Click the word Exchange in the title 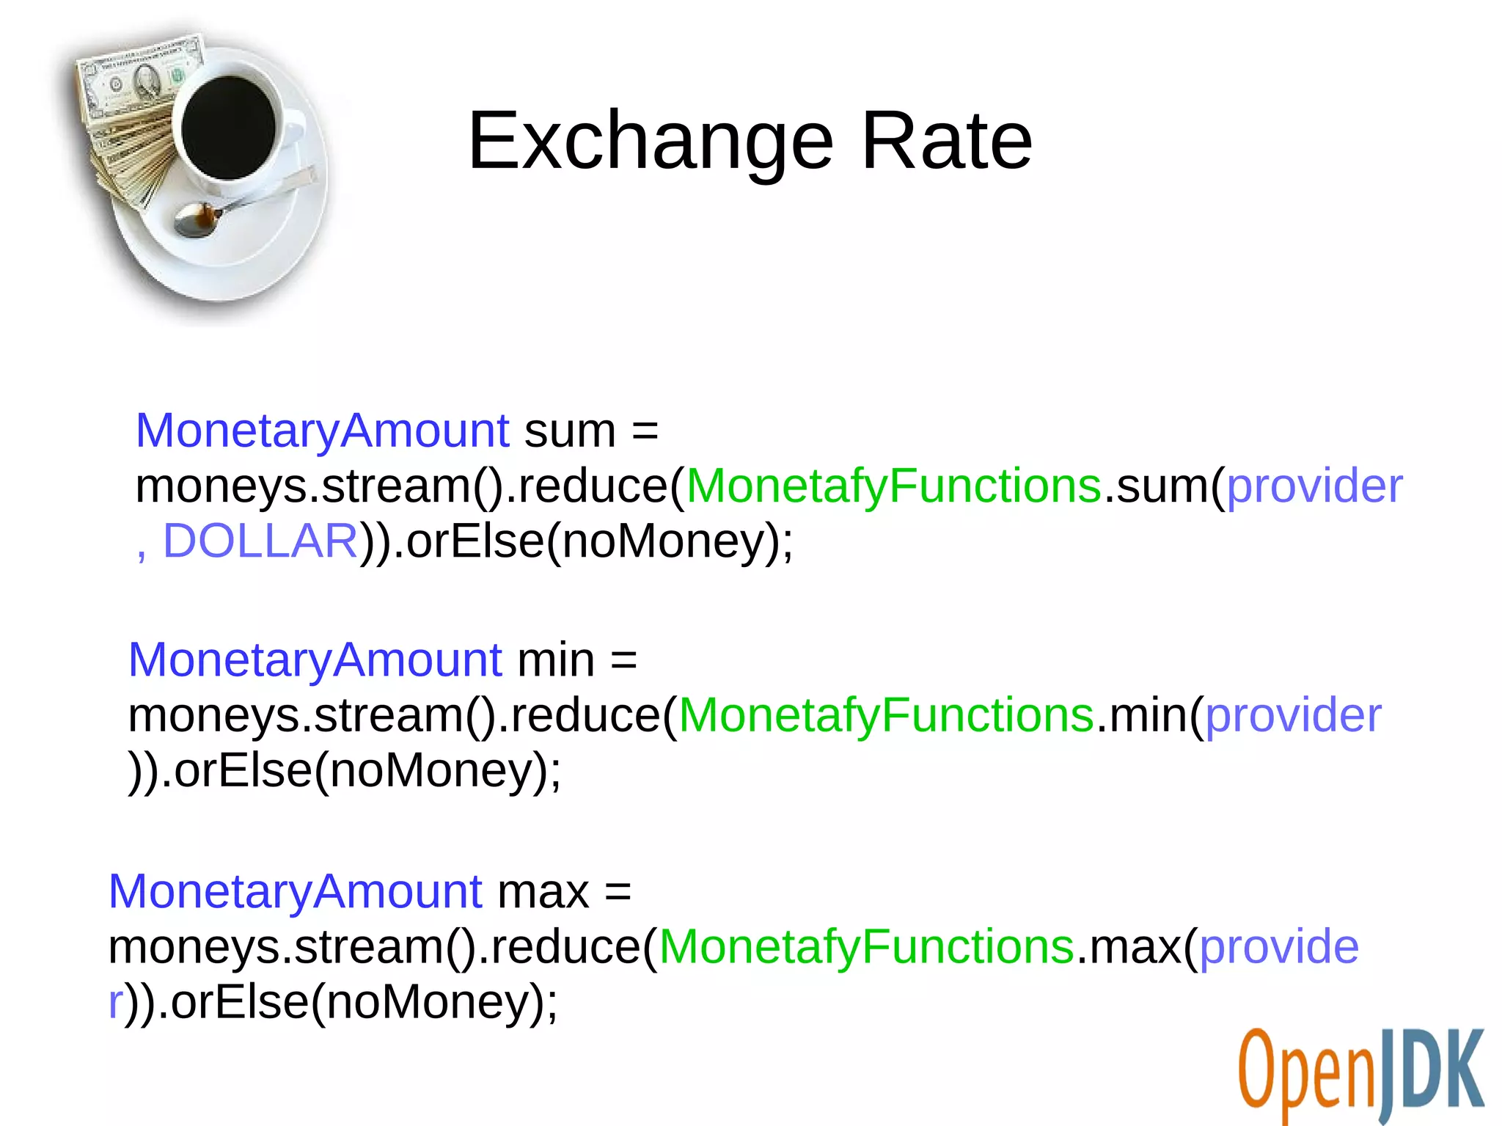coord(651,141)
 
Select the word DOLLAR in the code coord(260,541)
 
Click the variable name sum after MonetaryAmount coord(569,431)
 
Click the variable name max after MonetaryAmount coord(543,892)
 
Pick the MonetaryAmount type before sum coord(322,431)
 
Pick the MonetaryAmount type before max coord(295,892)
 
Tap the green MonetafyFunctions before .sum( coord(893,486)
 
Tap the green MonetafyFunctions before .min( coord(886,715)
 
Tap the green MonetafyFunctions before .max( coord(866,947)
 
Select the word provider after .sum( coord(1314,486)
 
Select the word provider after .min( coord(1293,715)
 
